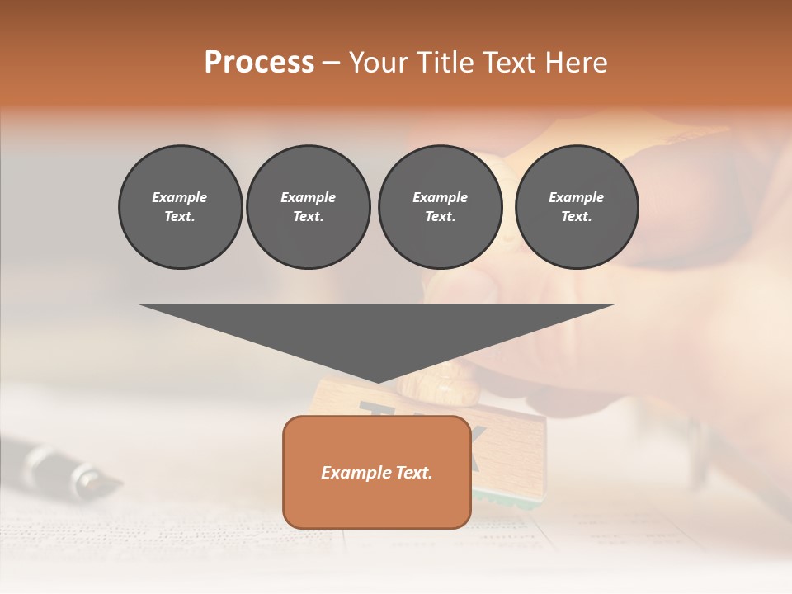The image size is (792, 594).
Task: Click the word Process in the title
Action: tap(259, 63)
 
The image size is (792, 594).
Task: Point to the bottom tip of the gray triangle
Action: tap(377, 380)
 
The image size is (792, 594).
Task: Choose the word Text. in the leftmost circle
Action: tap(180, 216)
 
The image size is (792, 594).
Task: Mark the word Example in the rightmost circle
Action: tap(576, 197)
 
